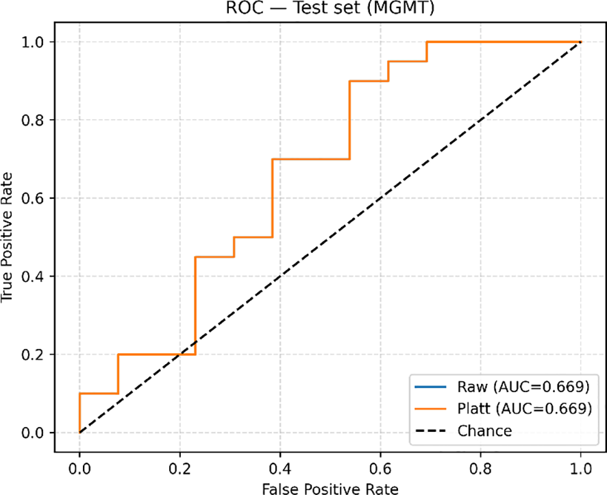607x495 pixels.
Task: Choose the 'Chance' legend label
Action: (484, 431)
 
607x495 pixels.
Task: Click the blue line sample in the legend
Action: (430, 385)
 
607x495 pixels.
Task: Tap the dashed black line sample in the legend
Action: (430, 431)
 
